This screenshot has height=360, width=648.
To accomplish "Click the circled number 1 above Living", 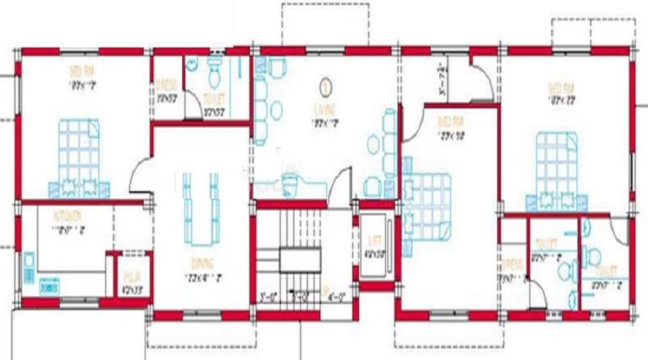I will pyautogui.click(x=326, y=88).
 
